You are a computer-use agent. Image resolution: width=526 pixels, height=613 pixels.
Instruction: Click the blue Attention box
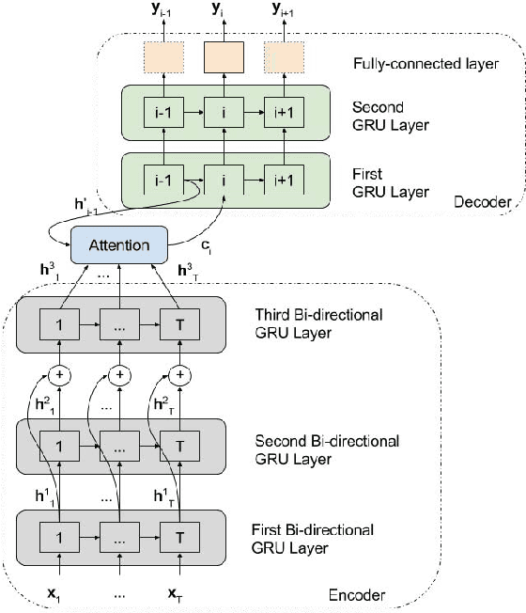(118, 244)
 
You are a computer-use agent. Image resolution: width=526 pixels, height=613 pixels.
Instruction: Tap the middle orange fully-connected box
(223, 58)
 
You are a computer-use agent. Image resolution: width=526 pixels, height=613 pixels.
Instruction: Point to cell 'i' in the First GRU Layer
(223, 177)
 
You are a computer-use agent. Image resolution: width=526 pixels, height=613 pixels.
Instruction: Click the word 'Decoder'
(481, 201)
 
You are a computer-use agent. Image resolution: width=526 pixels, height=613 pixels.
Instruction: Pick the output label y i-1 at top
(164, 11)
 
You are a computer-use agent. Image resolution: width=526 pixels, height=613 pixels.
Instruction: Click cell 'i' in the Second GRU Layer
(223, 112)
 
